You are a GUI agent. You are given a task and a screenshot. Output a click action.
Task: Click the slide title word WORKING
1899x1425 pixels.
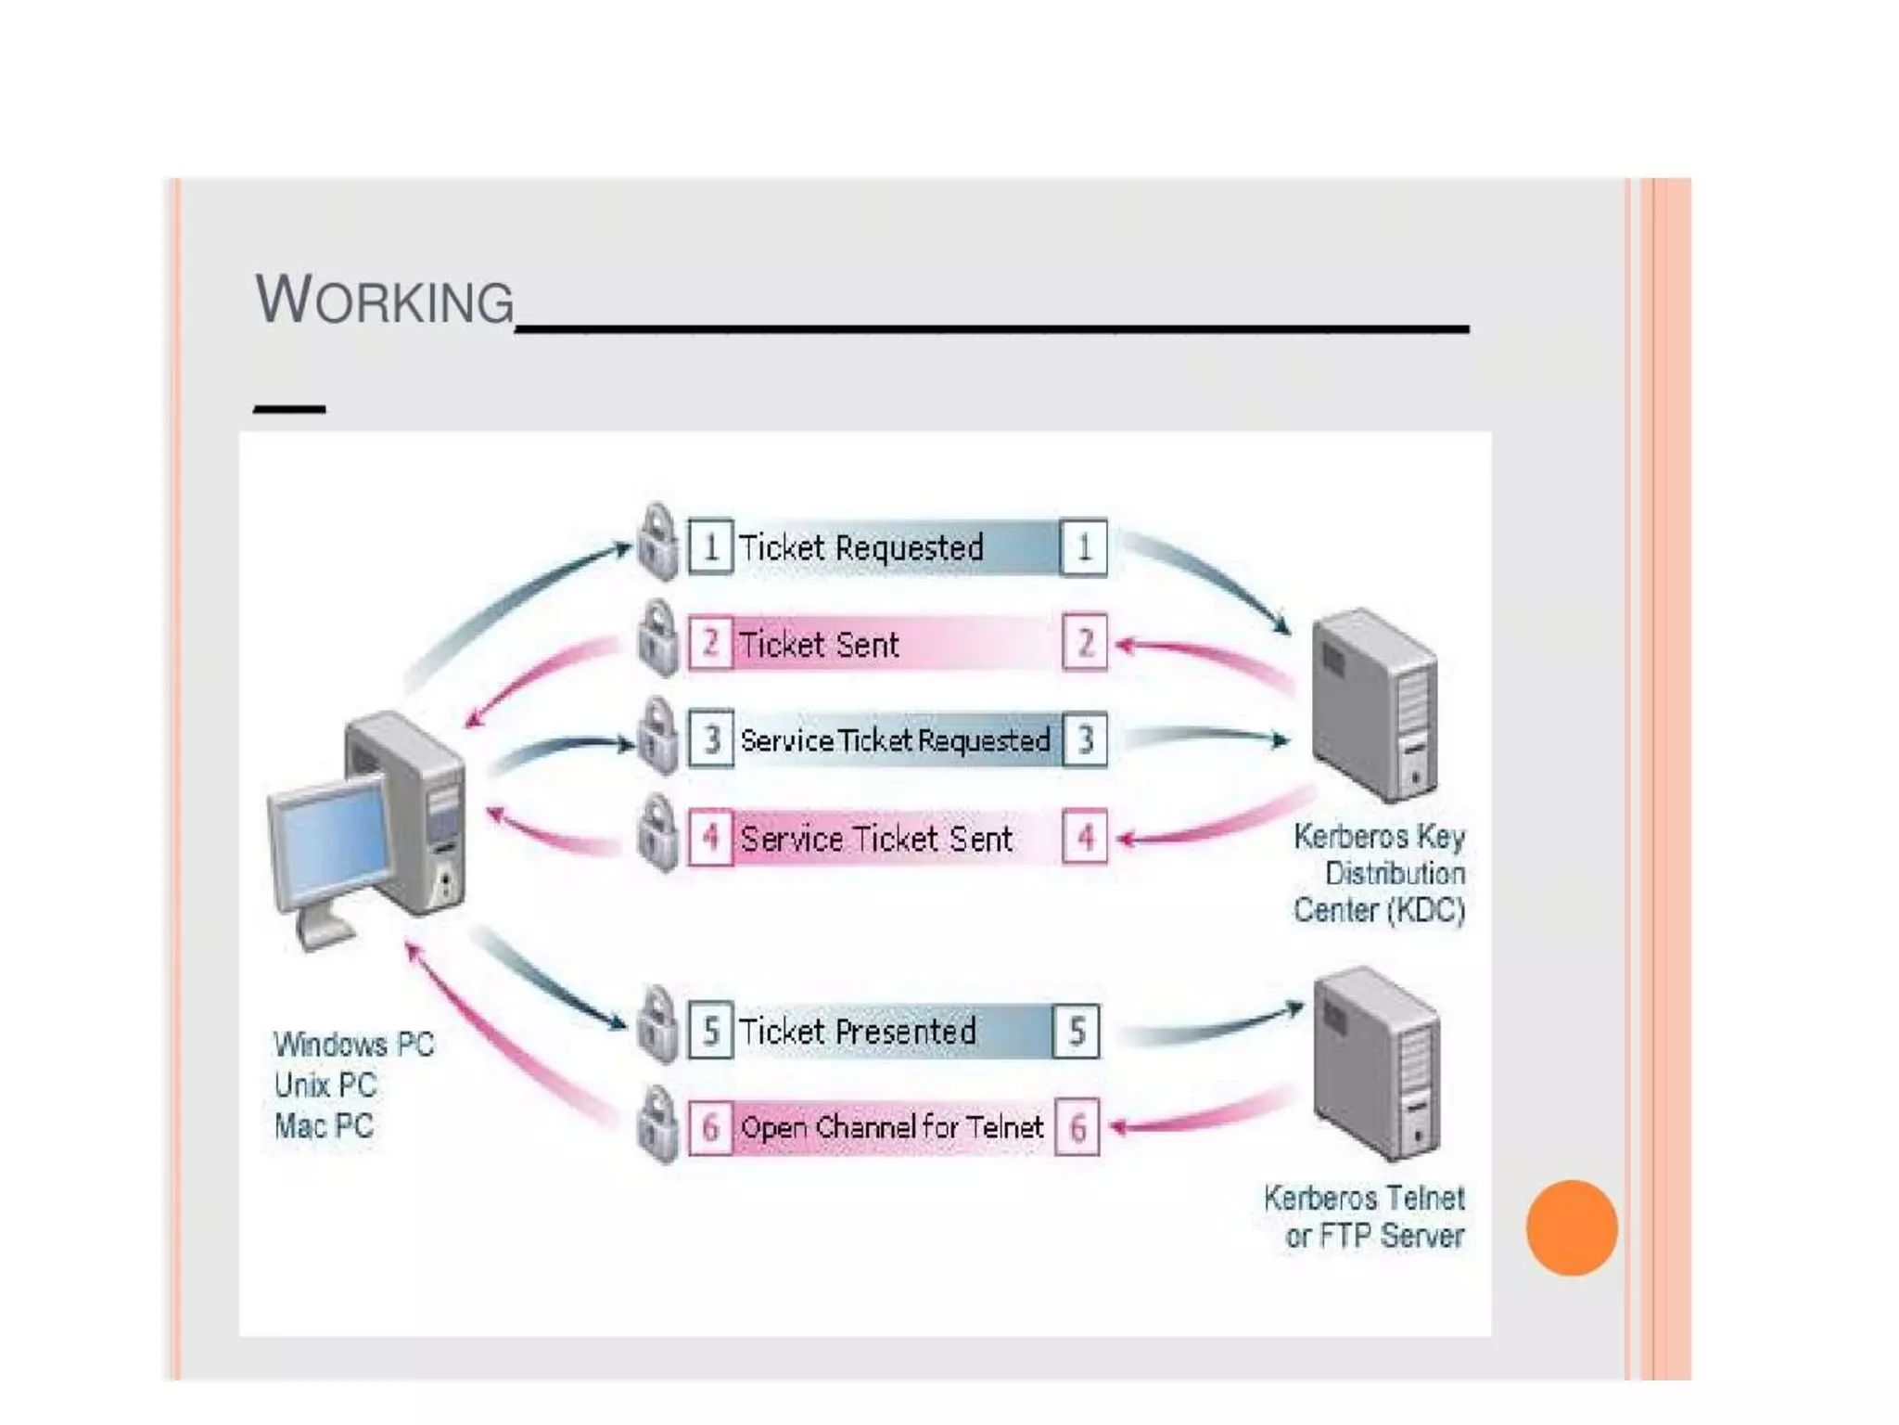click(x=384, y=301)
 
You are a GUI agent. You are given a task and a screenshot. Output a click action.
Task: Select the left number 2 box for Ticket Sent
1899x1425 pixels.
click(x=711, y=643)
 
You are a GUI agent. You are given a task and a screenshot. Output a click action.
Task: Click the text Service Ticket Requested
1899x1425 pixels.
click(x=895, y=740)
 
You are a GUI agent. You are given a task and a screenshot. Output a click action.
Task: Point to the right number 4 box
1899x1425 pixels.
click(x=1085, y=838)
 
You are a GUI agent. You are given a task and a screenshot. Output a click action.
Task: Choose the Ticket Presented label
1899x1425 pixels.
click(x=858, y=1031)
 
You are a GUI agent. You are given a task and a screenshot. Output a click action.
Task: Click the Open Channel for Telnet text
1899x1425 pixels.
click(x=892, y=1127)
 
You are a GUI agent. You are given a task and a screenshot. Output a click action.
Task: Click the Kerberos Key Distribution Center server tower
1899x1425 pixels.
click(x=1376, y=705)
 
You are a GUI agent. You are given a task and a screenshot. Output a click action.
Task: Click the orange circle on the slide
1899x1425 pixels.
click(x=1572, y=1227)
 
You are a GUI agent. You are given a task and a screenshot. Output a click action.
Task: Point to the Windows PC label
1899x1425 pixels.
click(x=354, y=1045)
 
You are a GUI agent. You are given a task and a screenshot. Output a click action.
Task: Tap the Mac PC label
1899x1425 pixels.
click(x=324, y=1126)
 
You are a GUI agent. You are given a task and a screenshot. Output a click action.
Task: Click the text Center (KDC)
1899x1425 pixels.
click(x=1379, y=910)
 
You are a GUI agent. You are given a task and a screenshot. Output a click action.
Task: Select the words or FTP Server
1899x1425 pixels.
click(x=1374, y=1236)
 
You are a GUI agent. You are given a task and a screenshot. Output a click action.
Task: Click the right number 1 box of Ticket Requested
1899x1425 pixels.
click(x=1084, y=547)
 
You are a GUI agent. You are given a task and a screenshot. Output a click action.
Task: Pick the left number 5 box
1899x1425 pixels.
click(x=711, y=1031)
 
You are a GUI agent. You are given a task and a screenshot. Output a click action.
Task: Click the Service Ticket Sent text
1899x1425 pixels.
click(x=876, y=839)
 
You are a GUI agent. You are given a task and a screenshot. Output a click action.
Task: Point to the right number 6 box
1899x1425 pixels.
click(x=1077, y=1128)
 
